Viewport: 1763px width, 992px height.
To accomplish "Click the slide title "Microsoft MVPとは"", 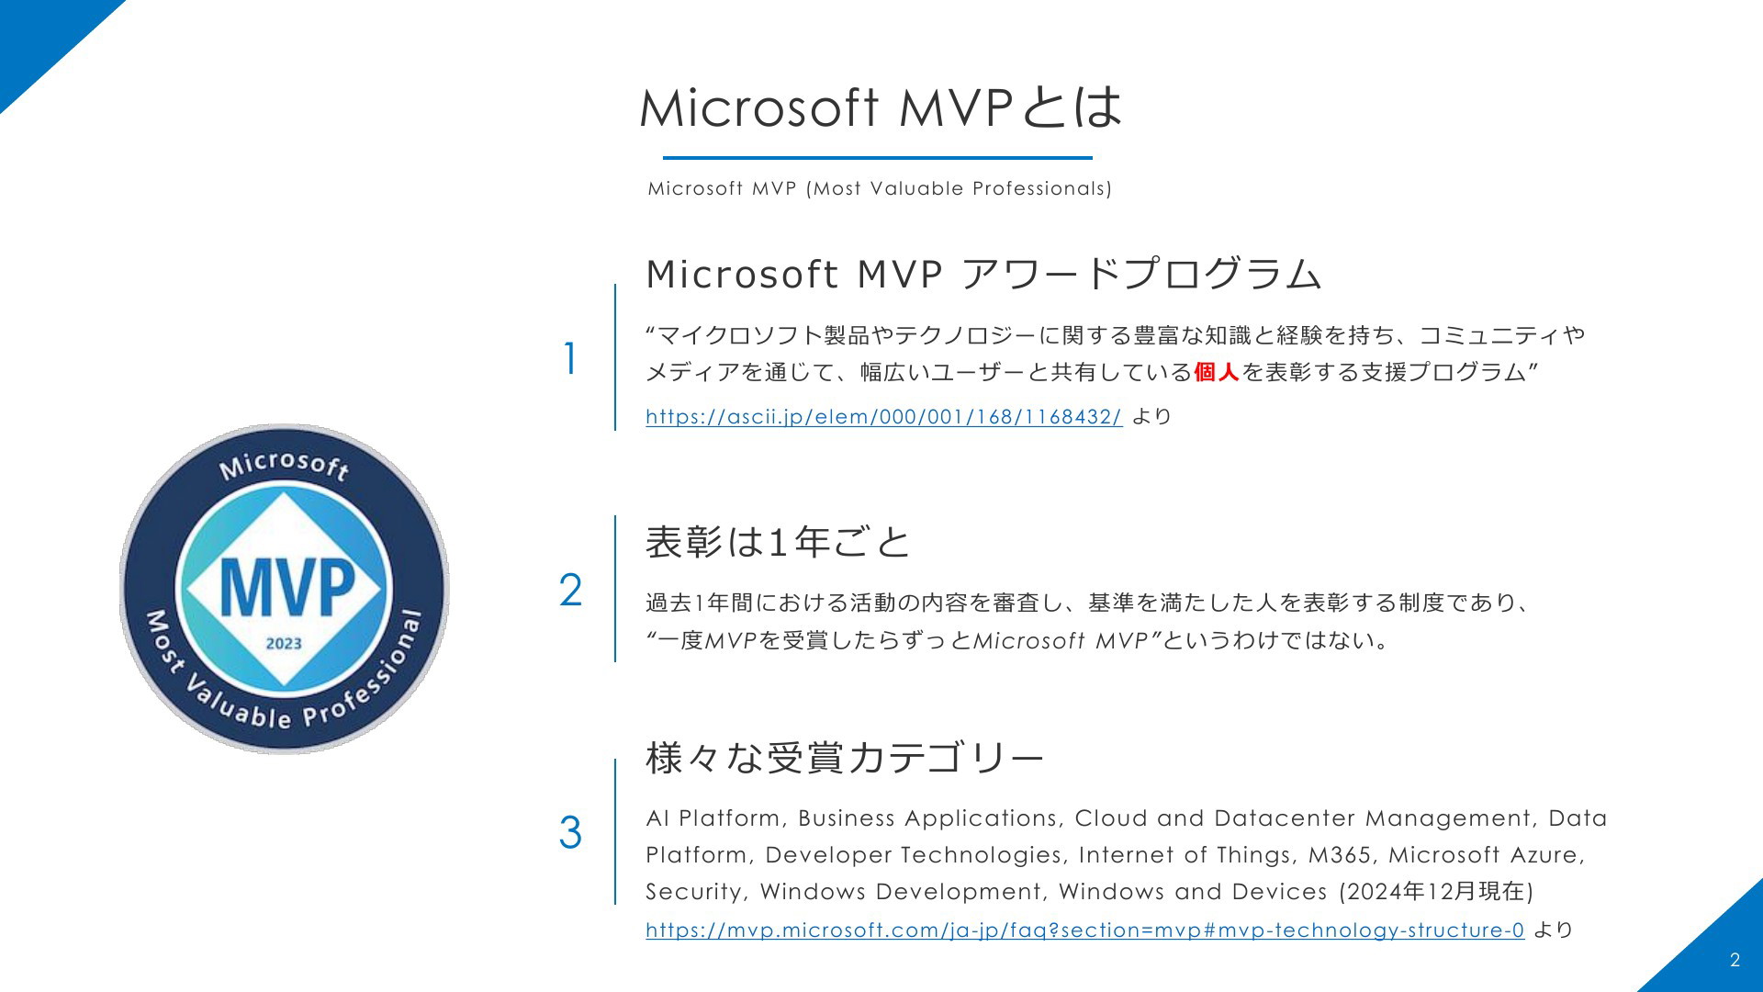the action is [881, 107].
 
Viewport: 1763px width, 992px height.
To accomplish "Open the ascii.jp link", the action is [883, 417].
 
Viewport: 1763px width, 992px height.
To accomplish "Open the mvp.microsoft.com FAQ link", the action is [1084, 930].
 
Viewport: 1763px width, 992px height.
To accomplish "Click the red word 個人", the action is [1217, 372].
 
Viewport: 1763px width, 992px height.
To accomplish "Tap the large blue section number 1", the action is [571, 359].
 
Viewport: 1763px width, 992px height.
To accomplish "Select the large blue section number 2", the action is [570, 591].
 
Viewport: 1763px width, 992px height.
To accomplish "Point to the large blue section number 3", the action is [570, 833].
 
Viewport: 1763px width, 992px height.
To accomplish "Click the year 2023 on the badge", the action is [284, 644].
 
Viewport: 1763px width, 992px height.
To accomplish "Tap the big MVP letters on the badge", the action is [286, 587].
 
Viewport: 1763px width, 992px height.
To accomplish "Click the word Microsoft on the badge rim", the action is [285, 466].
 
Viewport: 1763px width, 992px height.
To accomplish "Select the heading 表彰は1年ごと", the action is [778, 542].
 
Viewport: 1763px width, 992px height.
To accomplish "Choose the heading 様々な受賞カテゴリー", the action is [845, 759].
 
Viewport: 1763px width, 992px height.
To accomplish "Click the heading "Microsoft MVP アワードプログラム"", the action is [983, 275].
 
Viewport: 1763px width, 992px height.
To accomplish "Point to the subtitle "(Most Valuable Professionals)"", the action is [958, 189].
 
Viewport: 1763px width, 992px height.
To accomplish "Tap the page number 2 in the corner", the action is [1735, 961].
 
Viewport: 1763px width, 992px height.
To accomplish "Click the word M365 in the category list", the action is [1340, 855].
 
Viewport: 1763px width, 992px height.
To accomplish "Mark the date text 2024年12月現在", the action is [1435, 892].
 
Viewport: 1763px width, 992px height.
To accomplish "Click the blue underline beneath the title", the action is [878, 158].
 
